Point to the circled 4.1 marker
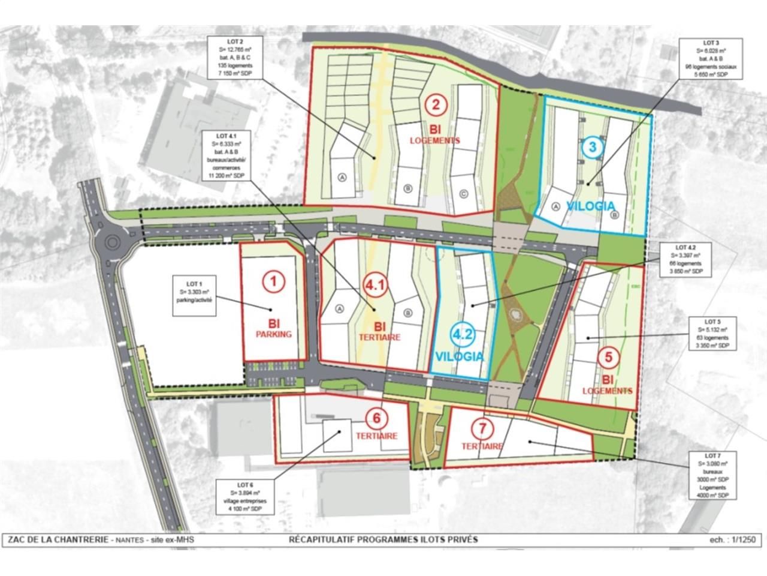[375, 287]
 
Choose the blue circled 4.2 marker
[460, 334]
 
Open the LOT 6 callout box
[244, 497]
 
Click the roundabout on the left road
[111, 243]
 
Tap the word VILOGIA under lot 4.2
[459, 356]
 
